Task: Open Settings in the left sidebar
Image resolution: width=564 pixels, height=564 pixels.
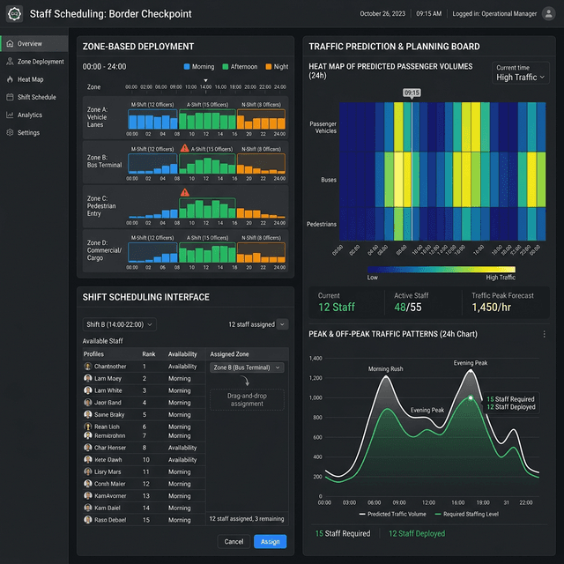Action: coord(28,133)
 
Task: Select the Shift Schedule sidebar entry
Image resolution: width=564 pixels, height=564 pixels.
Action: coord(36,97)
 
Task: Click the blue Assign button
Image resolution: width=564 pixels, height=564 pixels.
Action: coord(270,541)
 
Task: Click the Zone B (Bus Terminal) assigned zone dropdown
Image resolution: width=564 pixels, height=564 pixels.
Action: coord(247,367)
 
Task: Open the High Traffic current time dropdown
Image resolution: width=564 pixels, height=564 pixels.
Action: coord(521,78)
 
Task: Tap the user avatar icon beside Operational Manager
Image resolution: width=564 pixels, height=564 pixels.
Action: coord(548,14)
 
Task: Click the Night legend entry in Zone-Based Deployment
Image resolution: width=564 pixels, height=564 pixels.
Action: coord(276,67)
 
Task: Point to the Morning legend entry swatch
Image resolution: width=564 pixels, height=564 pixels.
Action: coord(188,67)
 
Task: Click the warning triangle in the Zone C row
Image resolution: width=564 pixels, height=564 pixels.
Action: coord(185,192)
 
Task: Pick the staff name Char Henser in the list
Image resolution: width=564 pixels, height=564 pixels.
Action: coord(110,448)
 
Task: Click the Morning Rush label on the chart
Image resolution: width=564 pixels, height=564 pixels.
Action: coord(386,369)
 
